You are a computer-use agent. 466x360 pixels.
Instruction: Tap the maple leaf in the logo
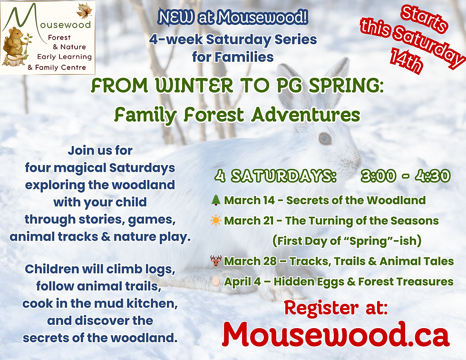pyautogui.click(x=84, y=10)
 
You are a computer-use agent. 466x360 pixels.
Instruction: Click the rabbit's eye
pyautogui.click(x=325, y=138)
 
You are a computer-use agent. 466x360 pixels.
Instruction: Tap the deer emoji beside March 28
pyautogui.click(x=216, y=261)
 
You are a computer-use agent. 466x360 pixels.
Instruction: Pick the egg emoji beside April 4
pyautogui.click(x=216, y=282)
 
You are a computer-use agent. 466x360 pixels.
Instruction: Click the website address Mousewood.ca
pyautogui.click(x=335, y=335)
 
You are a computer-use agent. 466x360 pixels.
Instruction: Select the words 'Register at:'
pyautogui.click(x=336, y=308)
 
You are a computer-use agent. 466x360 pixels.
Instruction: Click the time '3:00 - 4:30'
pyautogui.click(x=405, y=176)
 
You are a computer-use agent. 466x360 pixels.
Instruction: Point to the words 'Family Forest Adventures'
pyautogui.click(x=237, y=115)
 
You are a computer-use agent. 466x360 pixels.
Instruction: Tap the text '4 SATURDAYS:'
pyautogui.click(x=275, y=176)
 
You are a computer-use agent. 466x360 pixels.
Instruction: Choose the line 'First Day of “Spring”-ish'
pyautogui.click(x=347, y=241)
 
